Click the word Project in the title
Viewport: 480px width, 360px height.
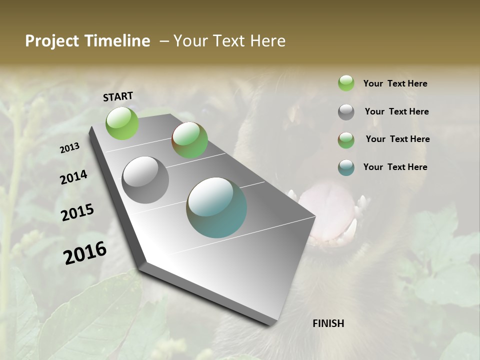pyautogui.click(x=51, y=41)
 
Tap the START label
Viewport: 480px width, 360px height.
pyautogui.click(x=118, y=96)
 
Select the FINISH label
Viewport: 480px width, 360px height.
pyautogui.click(x=328, y=323)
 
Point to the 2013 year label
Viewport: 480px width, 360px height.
pyautogui.click(x=70, y=147)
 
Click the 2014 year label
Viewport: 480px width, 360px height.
pyautogui.click(x=74, y=177)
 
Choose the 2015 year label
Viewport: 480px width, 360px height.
pyautogui.click(x=77, y=212)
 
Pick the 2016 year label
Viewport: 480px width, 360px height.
pyautogui.click(x=85, y=253)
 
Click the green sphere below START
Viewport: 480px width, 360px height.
pyautogui.click(x=122, y=123)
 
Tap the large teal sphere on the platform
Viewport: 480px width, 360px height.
pyautogui.click(x=216, y=207)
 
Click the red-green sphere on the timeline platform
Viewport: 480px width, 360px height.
pyautogui.click(x=189, y=140)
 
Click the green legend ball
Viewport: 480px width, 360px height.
pyautogui.click(x=346, y=83)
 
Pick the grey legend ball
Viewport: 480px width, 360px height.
pyautogui.click(x=346, y=112)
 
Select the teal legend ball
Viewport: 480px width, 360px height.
pyautogui.click(x=346, y=167)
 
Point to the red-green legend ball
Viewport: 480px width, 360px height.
pyautogui.click(x=346, y=140)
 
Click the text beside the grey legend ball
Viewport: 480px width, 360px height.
pyautogui.click(x=396, y=111)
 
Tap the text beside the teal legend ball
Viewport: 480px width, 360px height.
pyautogui.click(x=395, y=167)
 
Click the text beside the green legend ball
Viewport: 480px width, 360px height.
pyautogui.click(x=395, y=83)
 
